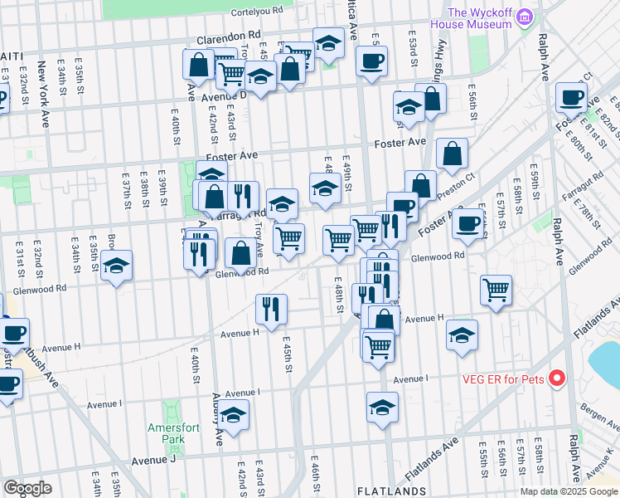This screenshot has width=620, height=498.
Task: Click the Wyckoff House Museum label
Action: pos(479,17)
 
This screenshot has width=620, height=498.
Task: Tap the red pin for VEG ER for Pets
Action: pos(557,379)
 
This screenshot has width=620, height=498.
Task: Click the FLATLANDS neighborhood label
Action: pos(391,491)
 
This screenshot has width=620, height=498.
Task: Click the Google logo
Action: pos(27,488)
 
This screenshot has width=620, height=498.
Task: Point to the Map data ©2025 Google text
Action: pos(569,491)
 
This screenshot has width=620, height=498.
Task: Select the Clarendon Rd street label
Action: pos(228,38)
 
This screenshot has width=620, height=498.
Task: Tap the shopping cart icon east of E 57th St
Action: pos(496,290)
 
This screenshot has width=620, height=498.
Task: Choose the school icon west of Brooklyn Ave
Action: pos(117,266)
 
